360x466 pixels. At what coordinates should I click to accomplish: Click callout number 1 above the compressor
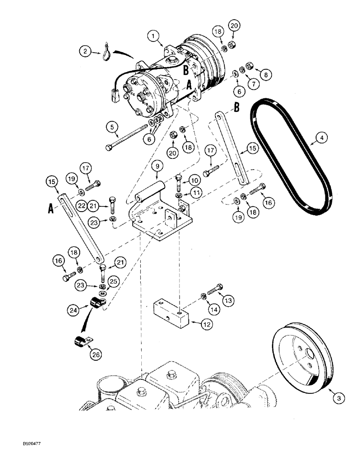(x=152, y=35)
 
